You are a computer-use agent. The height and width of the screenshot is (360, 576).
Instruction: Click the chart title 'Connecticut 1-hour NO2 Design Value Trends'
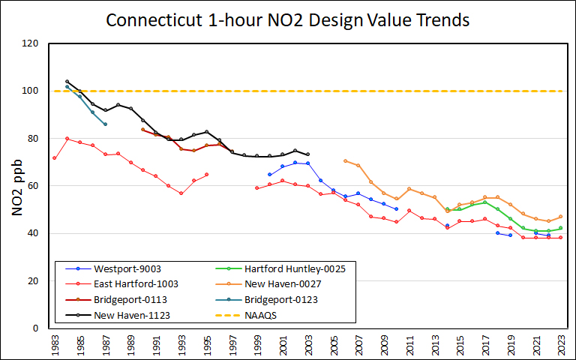click(288, 19)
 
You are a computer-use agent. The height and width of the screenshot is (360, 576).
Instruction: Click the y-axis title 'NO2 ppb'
click(18, 187)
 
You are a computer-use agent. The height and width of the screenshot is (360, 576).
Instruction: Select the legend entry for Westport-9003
click(127, 268)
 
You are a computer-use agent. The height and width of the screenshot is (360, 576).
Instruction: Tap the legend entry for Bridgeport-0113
click(130, 300)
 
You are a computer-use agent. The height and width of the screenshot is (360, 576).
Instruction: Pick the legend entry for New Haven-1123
click(131, 316)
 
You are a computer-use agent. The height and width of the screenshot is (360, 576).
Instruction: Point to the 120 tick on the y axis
click(31, 43)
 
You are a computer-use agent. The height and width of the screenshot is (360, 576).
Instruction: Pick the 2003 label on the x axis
click(307, 346)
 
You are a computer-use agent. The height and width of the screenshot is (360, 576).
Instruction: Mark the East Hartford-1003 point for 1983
click(55, 158)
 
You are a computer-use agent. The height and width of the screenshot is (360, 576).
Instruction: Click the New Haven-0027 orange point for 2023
click(560, 217)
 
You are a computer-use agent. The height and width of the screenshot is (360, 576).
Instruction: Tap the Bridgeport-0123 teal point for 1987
click(105, 124)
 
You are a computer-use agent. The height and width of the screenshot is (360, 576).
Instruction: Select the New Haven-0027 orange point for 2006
click(345, 160)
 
